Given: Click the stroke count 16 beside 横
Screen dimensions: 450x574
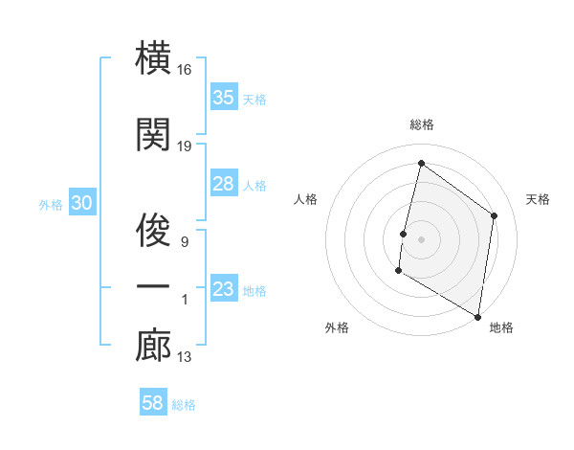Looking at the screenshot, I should coord(185,71).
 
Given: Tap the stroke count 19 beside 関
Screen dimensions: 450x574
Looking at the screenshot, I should coord(185,146).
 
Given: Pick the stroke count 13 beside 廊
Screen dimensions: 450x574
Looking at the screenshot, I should coord(185,358).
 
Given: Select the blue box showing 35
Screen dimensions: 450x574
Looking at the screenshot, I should coord(224,98).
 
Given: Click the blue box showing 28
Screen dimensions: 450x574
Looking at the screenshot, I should coord(224,184).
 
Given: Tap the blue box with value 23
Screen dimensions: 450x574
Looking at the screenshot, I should coord(224,289).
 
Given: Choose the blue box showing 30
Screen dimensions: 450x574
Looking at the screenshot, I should coord(81,204).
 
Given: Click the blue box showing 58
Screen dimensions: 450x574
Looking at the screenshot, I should coord(153,403).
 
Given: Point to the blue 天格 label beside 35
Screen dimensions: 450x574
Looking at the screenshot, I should coord(254,100).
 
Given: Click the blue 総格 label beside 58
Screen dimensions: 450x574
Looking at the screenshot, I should coord(184,405).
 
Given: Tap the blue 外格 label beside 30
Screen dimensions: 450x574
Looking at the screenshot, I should coord(51,205).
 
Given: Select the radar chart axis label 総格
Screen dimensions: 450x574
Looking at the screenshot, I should coord(421,124).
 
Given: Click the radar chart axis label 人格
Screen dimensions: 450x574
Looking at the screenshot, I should coord(306,199).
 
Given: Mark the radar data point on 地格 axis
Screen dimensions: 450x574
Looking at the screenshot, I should coord(477,316).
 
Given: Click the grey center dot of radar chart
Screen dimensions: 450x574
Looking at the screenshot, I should coord(421,238).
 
